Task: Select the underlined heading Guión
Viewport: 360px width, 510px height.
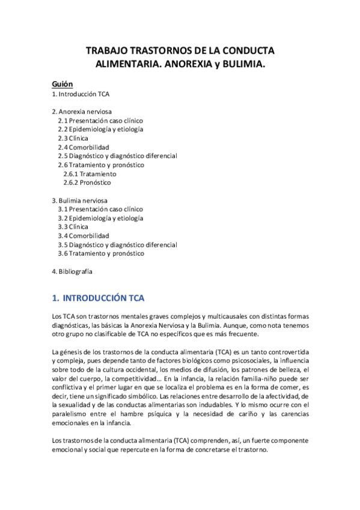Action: click(x=63, y=85)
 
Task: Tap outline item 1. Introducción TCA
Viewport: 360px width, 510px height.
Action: click(x=81, y=94)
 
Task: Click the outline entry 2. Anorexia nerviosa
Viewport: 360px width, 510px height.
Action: click(x=81, y=112)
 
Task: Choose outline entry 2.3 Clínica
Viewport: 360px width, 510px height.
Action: click(x=73, y=138)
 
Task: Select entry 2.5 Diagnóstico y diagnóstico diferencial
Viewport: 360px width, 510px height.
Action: click(x=117, y=156)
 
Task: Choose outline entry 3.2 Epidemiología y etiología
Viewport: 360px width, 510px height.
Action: click(x=100, y=218)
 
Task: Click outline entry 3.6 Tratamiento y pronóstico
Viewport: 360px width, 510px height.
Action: click(x=101, y=253)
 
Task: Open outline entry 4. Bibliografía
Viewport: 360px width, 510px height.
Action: click(x=72, y=271)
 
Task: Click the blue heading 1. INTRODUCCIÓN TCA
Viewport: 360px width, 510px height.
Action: click(x=99, y=298)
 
